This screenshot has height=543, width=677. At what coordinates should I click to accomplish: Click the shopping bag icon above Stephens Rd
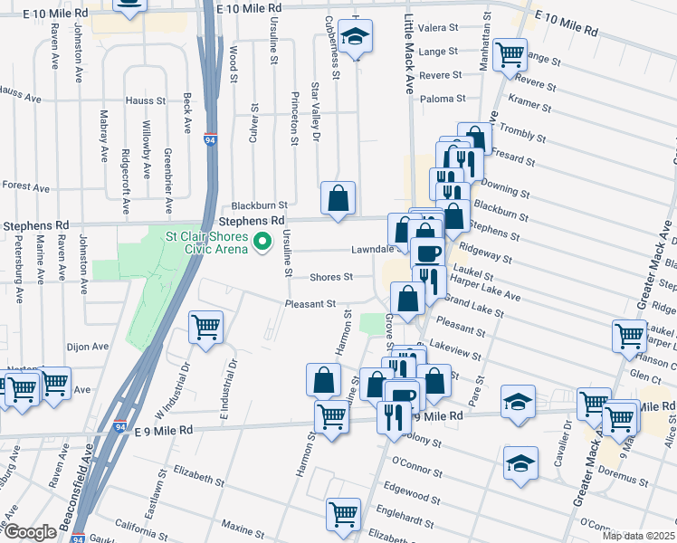click(338, 197)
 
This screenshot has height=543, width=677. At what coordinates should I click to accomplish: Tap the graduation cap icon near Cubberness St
click(356, 39)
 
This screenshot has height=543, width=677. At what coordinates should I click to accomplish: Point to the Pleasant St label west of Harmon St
click(311, 304)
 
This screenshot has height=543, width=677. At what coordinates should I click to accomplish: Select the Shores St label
click(330, 278)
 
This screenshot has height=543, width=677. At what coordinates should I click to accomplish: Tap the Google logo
click(29, 532)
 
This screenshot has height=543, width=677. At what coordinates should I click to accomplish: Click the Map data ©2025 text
click(638, 536)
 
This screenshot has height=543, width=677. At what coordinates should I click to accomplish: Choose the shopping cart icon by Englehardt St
click(343, 514)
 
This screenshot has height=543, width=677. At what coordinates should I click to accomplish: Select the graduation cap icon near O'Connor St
click(520, 462)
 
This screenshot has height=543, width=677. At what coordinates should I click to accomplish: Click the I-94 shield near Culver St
click(210, 140)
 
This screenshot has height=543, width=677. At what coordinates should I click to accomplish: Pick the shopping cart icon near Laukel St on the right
click(629, 335)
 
